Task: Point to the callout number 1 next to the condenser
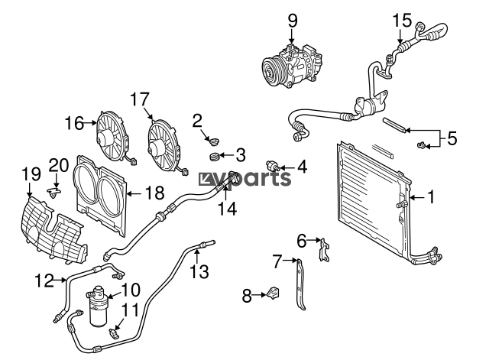429,197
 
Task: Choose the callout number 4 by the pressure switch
302,165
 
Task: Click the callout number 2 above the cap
197,119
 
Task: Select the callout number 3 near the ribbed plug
240,156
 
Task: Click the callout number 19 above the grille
31,174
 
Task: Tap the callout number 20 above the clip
58,164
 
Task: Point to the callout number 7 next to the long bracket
278,261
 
